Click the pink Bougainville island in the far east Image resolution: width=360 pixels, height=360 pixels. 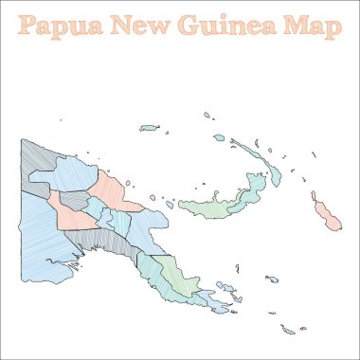click(327, 215)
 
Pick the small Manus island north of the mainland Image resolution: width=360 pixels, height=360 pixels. click(149, 127)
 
